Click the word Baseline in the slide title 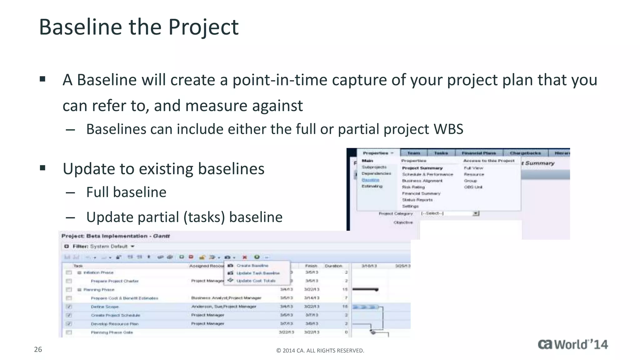81,27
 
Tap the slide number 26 38,349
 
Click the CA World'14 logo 572,344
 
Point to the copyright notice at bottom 320,351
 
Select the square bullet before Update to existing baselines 43,168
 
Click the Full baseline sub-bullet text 126,192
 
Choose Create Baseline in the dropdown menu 252,266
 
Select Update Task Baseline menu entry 258,273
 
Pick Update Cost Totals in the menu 256,281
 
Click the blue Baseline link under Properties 370,180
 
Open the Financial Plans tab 479,153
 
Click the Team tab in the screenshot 413,153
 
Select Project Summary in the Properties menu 422,168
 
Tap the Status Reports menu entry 417,200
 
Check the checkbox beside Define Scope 69,307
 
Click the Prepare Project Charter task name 114,281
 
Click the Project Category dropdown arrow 476,213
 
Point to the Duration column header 333,266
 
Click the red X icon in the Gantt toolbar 245,257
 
